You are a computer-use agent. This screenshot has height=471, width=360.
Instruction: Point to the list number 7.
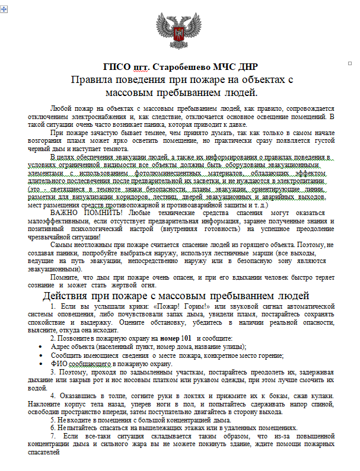[52, 435]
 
